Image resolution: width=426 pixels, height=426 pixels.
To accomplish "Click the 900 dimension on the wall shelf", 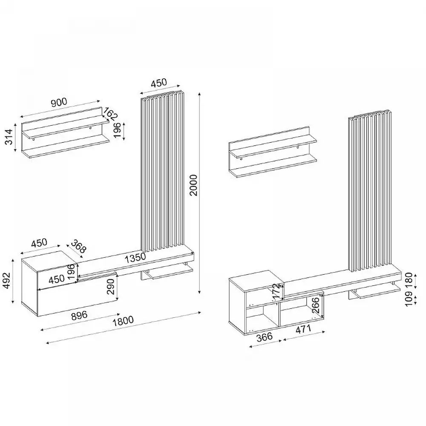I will point(59,102).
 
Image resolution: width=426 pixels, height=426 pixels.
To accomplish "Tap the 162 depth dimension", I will point(110,114).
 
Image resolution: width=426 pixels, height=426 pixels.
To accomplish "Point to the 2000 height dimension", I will point(193,185).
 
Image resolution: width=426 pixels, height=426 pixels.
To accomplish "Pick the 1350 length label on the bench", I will point(135,257).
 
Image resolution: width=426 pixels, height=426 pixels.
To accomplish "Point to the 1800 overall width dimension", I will point(123,320).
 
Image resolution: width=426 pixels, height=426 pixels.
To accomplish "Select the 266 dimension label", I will point(316,305).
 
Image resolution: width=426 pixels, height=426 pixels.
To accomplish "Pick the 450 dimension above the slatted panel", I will point(158,83).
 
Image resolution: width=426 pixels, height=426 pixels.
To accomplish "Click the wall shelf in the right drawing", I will point(273,152).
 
